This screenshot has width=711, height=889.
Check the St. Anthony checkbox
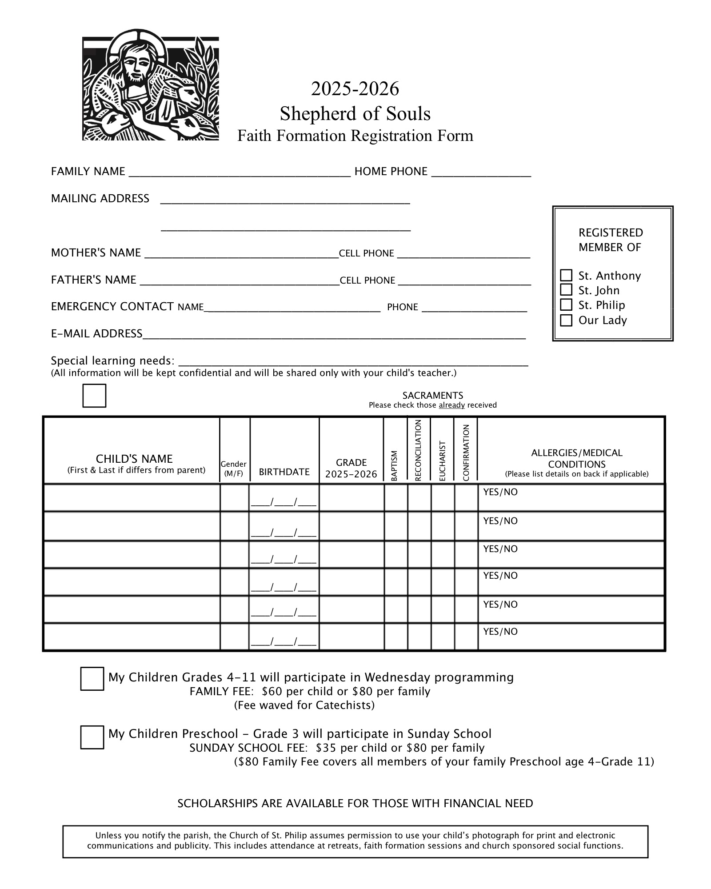pos(566,275)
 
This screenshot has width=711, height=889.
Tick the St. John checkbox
pos(566,290)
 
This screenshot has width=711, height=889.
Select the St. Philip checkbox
pos(566,304)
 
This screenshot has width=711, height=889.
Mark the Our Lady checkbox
pos(566,320)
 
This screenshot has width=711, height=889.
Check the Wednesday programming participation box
pos(92,679)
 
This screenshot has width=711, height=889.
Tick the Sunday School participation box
pos(92,737)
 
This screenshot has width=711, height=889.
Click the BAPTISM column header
pos(394,465)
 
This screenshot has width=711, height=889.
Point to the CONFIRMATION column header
pos(466,453)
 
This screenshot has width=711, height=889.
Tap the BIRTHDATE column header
pos(284,472)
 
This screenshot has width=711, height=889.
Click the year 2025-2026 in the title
pos(355,89)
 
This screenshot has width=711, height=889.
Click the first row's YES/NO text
pos(500,493)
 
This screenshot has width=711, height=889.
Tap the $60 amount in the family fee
pos(271,692)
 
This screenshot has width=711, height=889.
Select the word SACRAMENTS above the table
pos(432,396)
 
